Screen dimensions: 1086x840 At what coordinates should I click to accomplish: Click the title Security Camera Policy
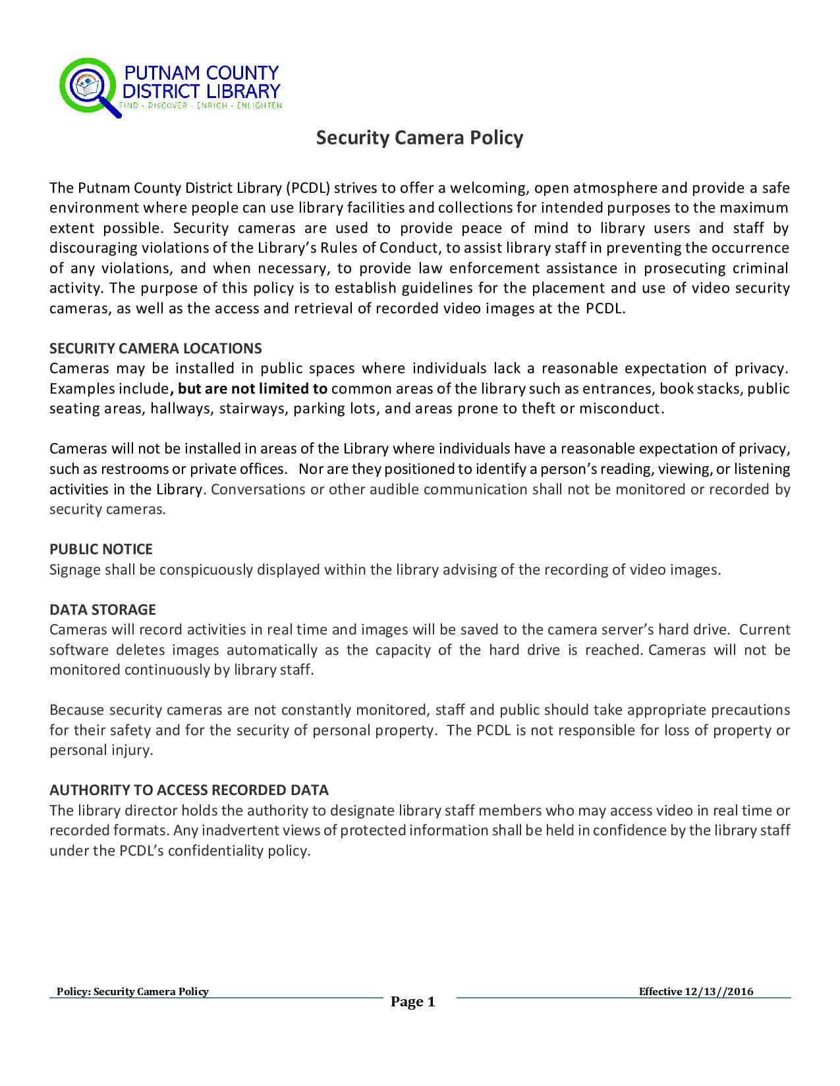click(x=419, y=138)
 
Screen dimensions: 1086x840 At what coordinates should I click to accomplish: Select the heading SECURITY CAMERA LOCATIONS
click(x=155, y=348)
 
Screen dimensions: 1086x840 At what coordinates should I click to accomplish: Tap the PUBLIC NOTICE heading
click(x=101, y=549)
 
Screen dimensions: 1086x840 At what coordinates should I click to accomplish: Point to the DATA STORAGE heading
click(x=103, y=609)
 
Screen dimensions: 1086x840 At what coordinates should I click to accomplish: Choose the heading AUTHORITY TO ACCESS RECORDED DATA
click(x=189, y=790)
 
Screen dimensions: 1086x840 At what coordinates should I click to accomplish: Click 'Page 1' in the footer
click(x=413, y=1002)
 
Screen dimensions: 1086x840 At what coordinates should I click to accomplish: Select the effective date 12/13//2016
click(x=719, y=991)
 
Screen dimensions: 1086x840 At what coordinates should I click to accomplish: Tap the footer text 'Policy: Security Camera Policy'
click(x=132, y=991)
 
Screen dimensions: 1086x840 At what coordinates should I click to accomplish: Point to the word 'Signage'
click(x=75, y=569)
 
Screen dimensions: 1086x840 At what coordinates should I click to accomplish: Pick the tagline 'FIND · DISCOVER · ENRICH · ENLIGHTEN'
click(x=200, y=105)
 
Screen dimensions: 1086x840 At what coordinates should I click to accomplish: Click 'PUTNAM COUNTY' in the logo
click(x=202, y=72)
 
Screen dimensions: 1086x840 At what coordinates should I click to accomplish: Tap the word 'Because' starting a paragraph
click(x=77, y=710)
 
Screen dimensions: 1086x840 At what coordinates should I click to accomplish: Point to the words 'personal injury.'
click(x=101, y=750)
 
